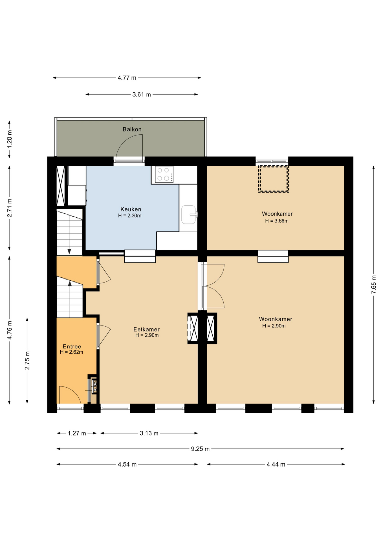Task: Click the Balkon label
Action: coord(132,129)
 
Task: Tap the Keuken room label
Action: coord(131,209)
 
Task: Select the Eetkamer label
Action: coord(146,329)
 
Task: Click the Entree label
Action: coord(72,346)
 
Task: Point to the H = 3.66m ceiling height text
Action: coord(277,221)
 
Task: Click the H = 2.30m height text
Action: coord(130,216)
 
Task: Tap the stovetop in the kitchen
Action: coord(164,174)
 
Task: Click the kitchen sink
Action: coord(189,215)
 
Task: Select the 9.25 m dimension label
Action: coord(200,449)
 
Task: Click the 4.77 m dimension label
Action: coord(127,78)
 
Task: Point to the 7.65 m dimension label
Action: coord(374,284)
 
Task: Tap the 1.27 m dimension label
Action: coord(77,433)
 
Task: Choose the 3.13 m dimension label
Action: coord(149,433)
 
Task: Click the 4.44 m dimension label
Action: coord(276,464)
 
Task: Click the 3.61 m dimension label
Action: coord(142,94)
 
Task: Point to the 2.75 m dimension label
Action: coord(27,360)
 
